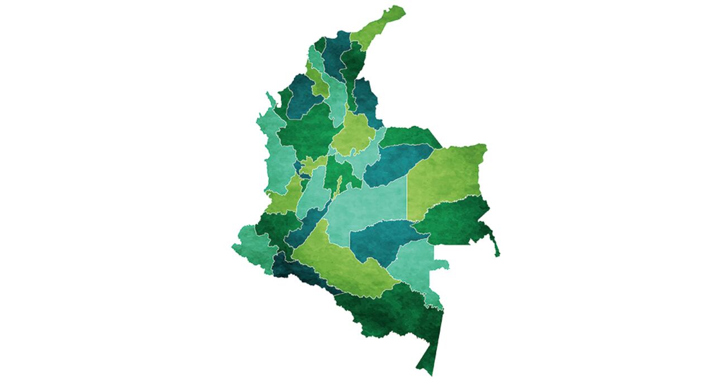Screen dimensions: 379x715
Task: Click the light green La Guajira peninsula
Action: [x=380, y=25]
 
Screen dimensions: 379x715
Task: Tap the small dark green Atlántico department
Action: [x=320, y=44]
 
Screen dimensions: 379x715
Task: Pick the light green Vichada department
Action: [x=447, y=173]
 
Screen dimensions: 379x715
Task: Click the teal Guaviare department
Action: [x=380, y=240]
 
